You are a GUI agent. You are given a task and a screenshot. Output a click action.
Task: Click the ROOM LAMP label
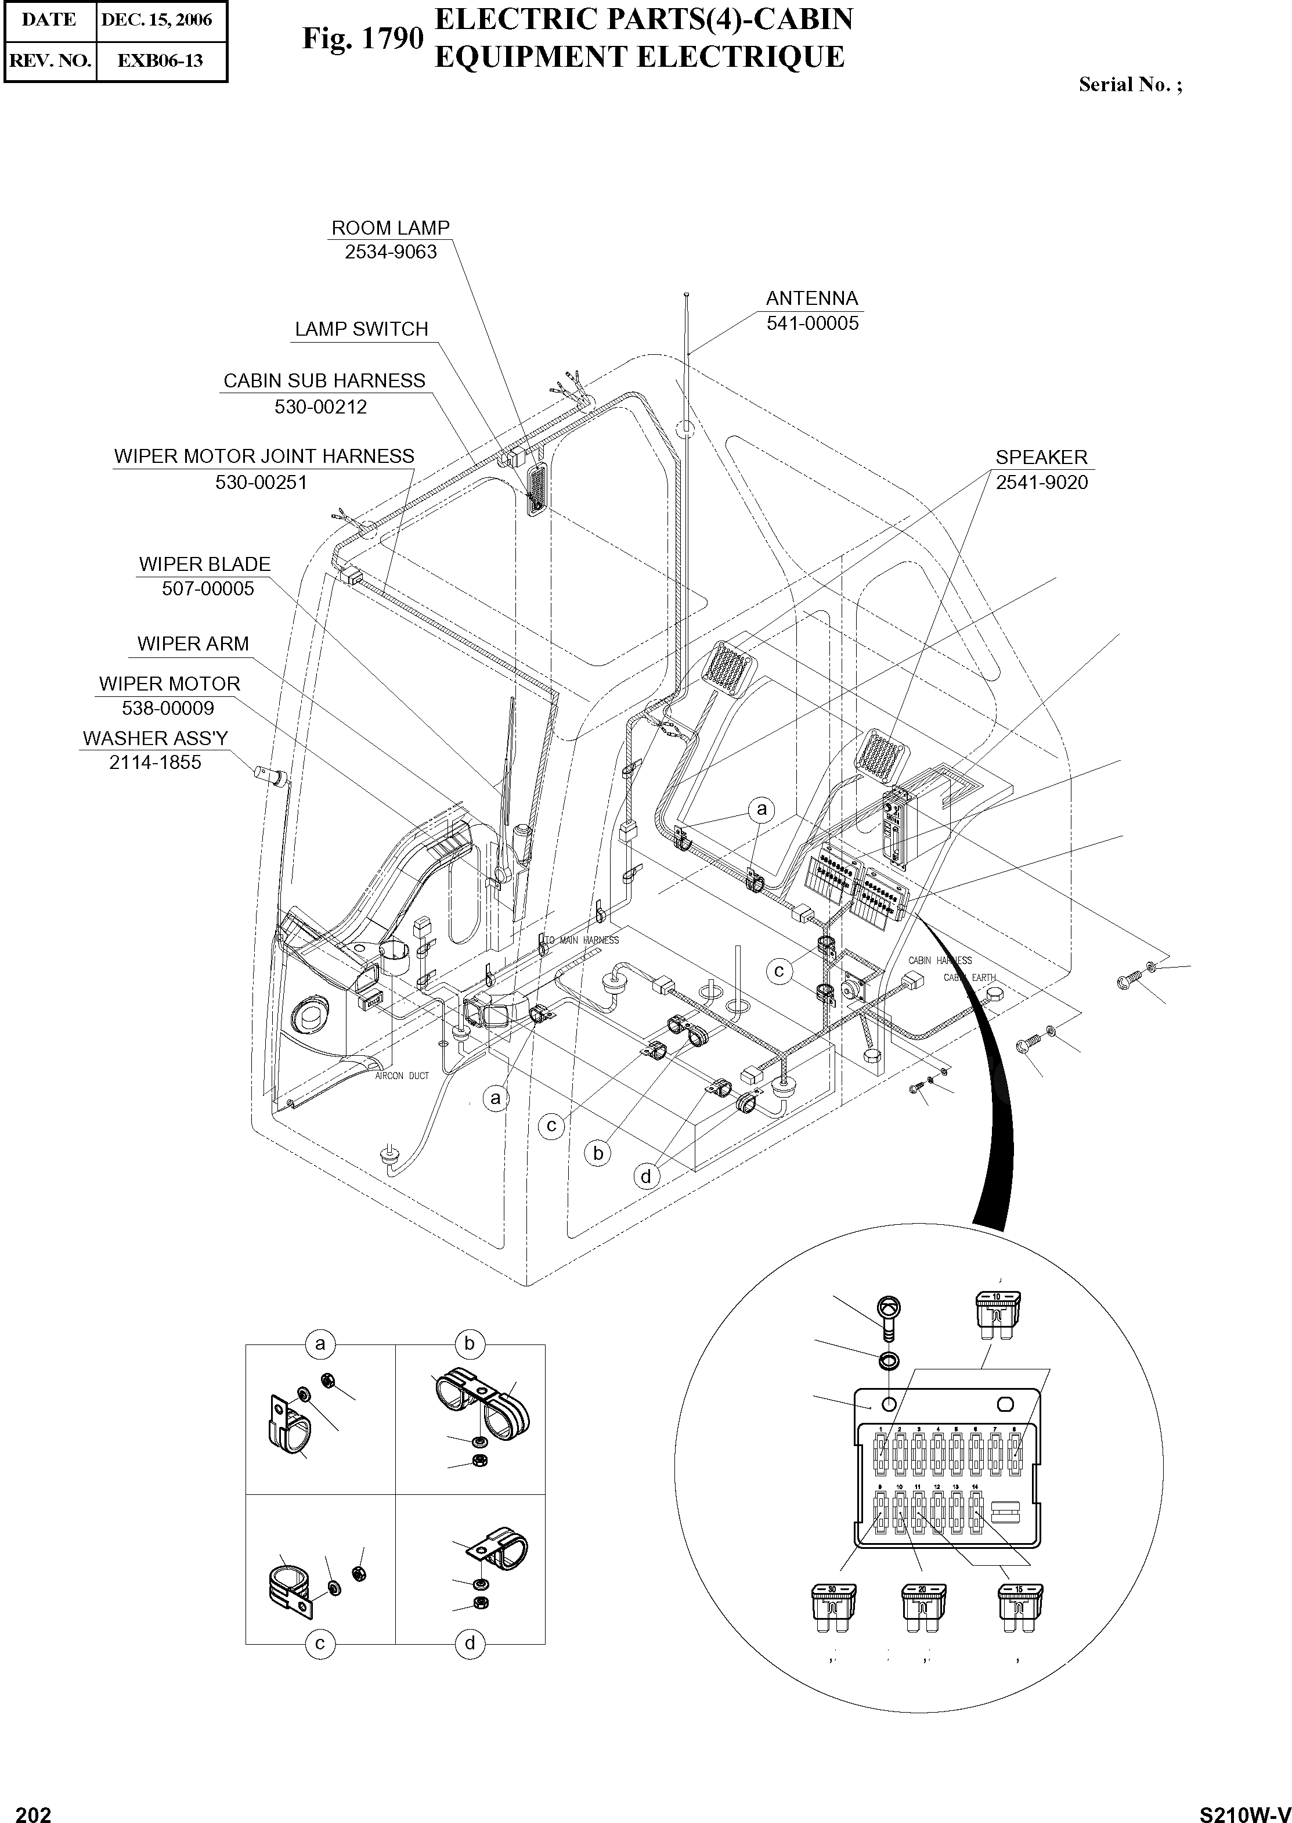(390, 228)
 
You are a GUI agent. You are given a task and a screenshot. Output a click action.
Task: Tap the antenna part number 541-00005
(812, 324)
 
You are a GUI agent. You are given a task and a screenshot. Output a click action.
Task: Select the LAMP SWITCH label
(361, 329)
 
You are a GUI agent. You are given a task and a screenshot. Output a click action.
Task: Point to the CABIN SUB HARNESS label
(324, 382)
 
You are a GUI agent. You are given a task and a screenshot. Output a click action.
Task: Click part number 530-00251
(261, 483)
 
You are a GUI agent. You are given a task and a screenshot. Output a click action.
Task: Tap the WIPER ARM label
(193, 644)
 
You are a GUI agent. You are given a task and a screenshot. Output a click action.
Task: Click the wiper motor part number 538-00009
(168, 709)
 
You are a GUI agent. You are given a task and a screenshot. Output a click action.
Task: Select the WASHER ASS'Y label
(155, 739)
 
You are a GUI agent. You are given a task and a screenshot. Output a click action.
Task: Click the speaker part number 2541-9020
(1041, 483)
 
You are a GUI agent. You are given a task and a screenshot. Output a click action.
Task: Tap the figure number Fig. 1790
(362, 38)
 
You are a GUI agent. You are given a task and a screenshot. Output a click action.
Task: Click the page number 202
(34, 1808)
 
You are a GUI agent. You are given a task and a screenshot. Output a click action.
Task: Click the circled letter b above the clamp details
(470, 1344)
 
